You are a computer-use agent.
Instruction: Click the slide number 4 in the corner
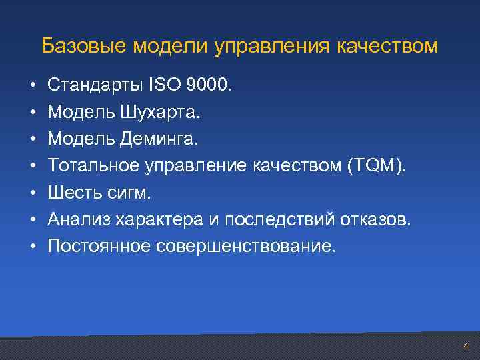pyautogui.click(x=465, y=346)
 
